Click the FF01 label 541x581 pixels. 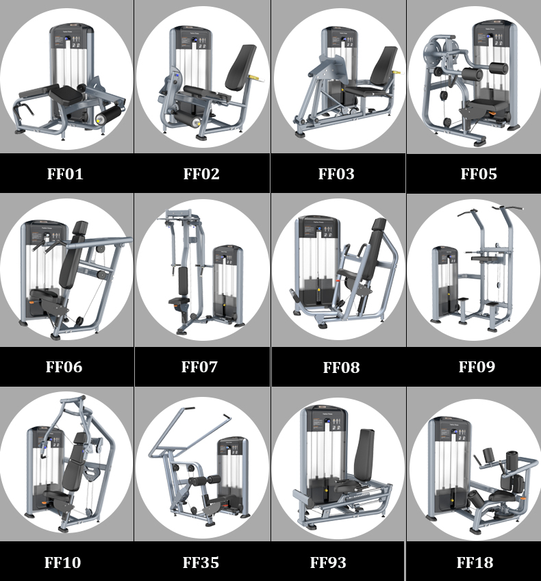65,174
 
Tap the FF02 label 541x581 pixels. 201,174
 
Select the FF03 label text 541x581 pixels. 336,174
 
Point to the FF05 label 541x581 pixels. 479,174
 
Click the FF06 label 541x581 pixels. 64,367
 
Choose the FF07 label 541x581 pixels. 199,367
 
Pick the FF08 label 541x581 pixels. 341,367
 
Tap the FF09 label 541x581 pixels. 477,367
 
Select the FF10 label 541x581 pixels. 63,563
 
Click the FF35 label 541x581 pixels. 201,563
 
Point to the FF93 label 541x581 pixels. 328,563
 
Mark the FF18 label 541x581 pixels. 475,563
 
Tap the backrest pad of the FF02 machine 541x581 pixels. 240,68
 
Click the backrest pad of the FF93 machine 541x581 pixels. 364,455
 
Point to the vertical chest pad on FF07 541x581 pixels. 183,281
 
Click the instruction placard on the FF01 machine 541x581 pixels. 72,40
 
